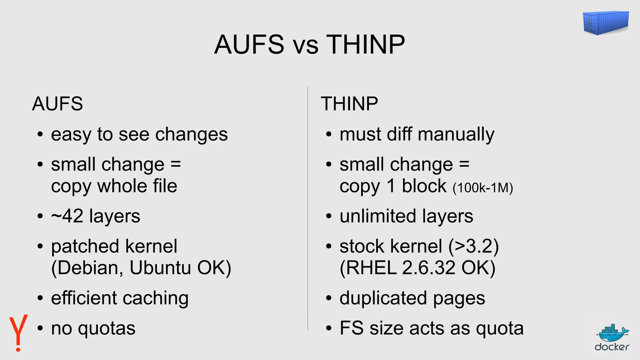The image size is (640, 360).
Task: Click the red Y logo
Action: pos(18,333)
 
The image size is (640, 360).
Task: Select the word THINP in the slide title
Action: pos(366,44)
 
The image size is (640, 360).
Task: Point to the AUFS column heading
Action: pos(57,104)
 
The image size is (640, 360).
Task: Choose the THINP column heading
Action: pos(349,104)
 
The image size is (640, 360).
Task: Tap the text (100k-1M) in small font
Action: pos(483,188)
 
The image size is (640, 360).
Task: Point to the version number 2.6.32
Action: pos(429,268)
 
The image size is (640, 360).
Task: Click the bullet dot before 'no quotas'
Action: pos(40,329)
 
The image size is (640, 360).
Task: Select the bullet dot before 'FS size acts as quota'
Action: pos(328,329)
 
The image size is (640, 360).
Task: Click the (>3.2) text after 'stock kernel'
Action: pos(473,247)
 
